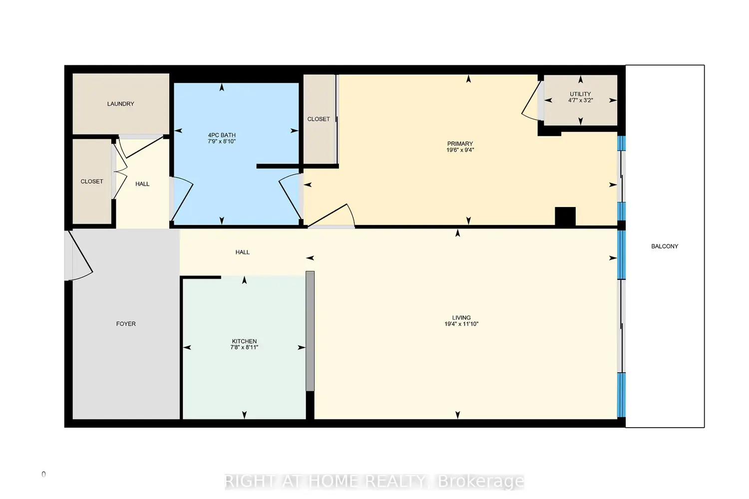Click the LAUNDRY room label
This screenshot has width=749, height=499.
pos(121,104)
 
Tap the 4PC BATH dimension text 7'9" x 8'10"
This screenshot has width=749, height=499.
pos(222,141)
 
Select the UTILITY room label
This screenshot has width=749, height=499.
pos(580,94)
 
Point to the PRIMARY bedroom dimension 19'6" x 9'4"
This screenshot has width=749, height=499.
pos(460,150)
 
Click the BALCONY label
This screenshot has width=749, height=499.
pos(665,247)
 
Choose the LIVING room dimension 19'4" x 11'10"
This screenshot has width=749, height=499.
pos(461,324)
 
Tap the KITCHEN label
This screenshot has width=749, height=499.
pos(245,341)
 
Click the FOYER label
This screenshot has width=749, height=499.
pos(126,324)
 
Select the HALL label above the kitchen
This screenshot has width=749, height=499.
pos(242,252)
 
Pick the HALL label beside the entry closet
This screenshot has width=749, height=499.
pos(142,184)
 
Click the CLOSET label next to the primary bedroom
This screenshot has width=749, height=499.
pos(319,119)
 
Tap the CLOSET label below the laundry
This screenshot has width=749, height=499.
pos(91,182)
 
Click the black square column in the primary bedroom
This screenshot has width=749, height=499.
pos(565,216)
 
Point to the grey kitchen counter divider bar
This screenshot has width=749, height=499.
pos(310,331)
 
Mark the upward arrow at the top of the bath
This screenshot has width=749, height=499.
pos(222,87)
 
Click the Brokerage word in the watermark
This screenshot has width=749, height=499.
pos(481,482)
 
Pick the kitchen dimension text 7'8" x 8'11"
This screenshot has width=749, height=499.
pos(245,347)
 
